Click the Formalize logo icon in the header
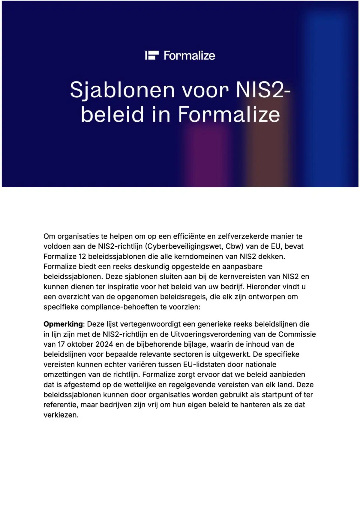pos(152,55)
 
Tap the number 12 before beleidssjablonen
pos(82,257)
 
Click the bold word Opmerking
pos(63,324)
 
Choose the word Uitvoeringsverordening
pos(211,334)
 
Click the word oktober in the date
pos(80,344)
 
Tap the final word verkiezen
pos(61,415)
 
